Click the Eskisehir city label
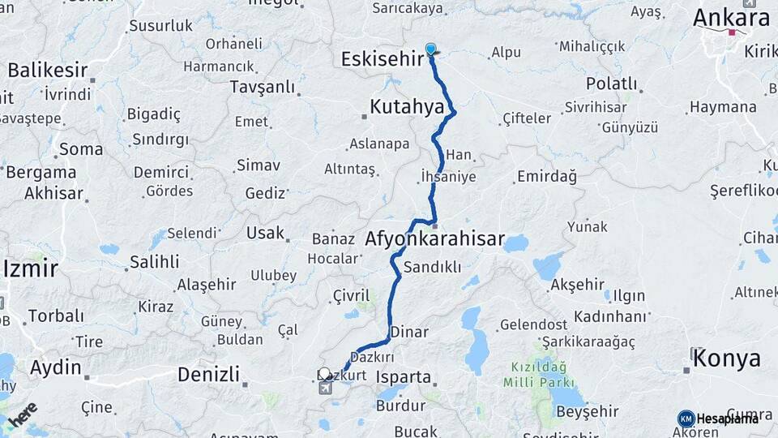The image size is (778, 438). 383,59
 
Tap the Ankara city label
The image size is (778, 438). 731,18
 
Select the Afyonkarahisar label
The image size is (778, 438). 434,240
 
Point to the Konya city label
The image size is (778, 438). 727,359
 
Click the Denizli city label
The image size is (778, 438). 208,374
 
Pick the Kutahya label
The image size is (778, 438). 407,106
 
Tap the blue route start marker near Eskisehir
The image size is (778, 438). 430,49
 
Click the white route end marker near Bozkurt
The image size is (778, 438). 325,374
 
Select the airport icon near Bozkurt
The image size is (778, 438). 325,388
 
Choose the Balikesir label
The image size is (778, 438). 47,70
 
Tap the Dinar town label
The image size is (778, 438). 409,332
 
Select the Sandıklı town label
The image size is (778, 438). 432,267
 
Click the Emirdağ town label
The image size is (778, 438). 546,176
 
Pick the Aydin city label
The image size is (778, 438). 56,367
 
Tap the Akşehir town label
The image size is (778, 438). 577,285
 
